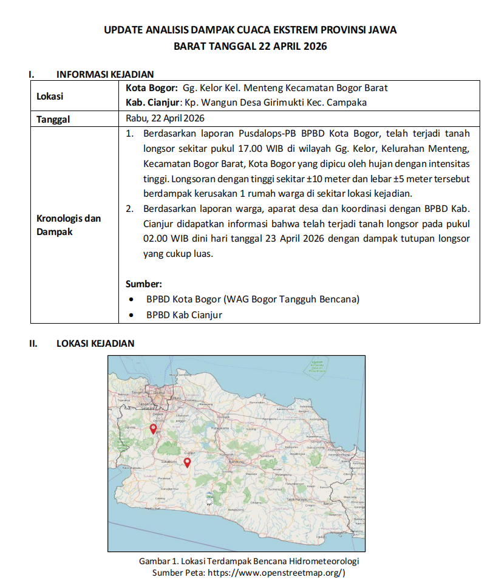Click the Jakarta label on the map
(160, 392)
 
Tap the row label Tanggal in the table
(53, 119)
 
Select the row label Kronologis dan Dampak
(69, 225)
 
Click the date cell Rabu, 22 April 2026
(165, 118)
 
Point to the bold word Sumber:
(143, 284)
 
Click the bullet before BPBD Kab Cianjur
(132, 315)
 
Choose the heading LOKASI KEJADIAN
(95, 343)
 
